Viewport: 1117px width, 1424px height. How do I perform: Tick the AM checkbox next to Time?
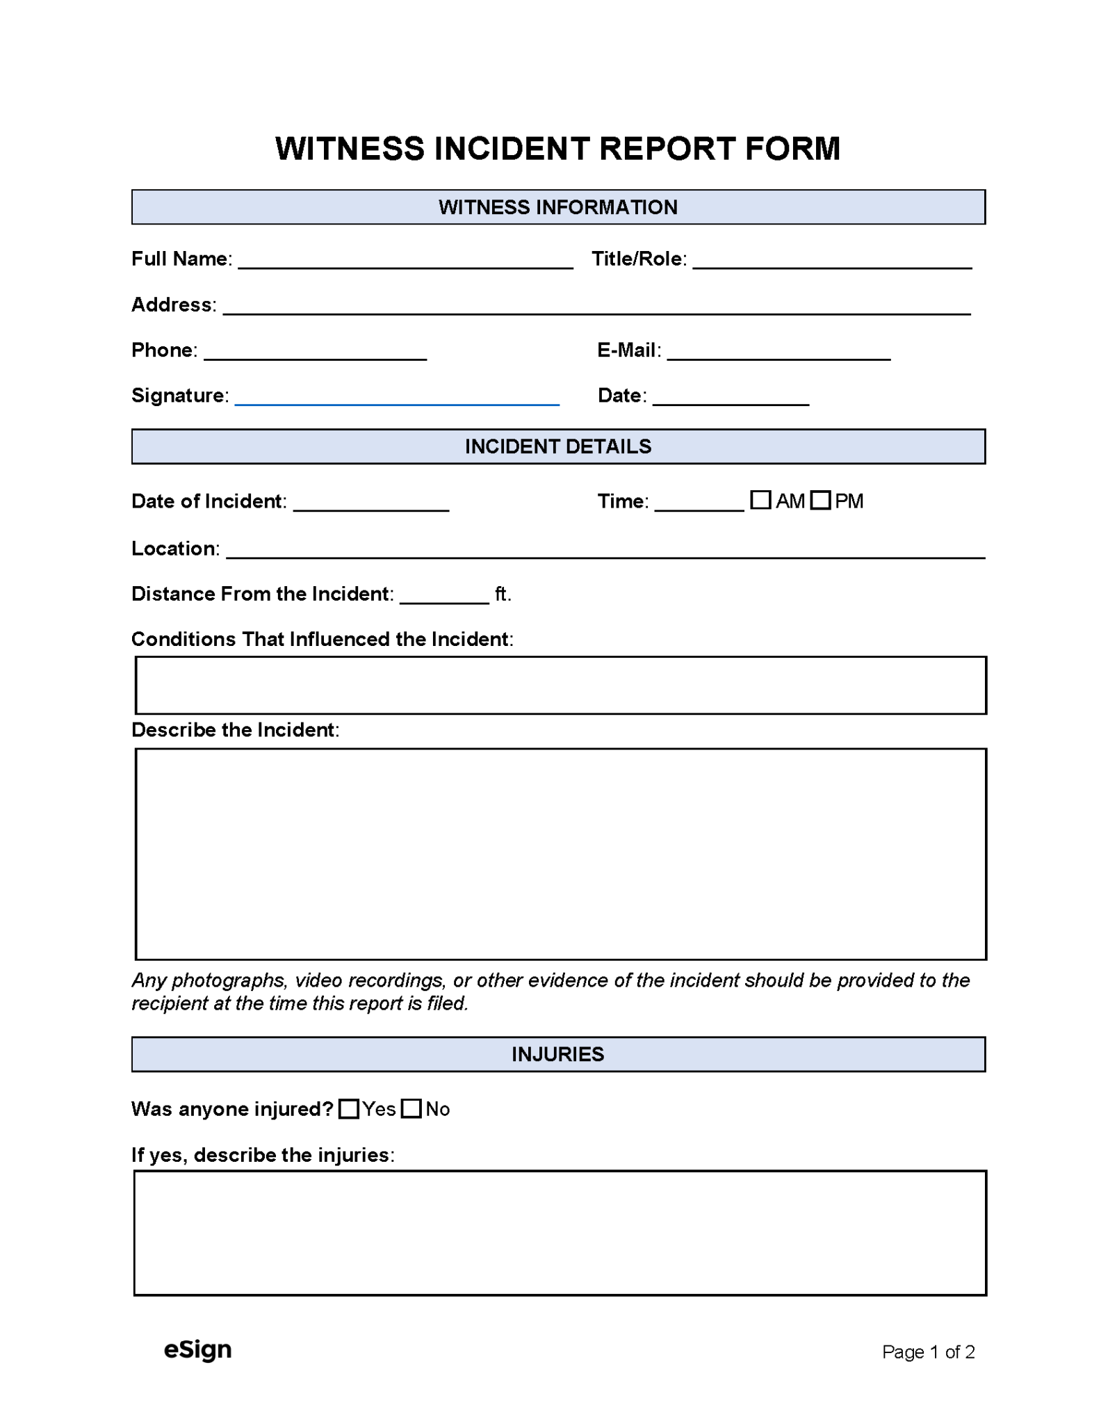point(760,500)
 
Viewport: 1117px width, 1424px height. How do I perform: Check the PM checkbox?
point(820,500)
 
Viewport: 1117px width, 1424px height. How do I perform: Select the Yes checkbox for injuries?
point(349,1108)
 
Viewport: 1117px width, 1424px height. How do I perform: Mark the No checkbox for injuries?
point(411,1108)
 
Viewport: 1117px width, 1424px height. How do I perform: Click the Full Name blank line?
point(405,261)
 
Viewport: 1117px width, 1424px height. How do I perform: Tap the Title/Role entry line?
point(832,261)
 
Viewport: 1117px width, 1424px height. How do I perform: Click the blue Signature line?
point(397,398)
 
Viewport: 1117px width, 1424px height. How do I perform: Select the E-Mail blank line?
point(778,353)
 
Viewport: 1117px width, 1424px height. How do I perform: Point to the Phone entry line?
point(315,353)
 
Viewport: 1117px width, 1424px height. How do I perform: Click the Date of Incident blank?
point(371,504)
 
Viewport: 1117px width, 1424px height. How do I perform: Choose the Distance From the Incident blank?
point(444,597)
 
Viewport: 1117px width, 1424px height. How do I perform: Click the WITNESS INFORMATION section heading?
point(557,207)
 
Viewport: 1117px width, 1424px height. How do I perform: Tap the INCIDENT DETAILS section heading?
point(557,446)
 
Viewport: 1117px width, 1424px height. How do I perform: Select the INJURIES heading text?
point(557,1054)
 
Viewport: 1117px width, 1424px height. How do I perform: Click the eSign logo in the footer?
point(197,1350)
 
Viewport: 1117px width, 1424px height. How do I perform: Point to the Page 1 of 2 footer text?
point(928,1352)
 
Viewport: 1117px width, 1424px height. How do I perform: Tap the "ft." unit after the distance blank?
point(503,594)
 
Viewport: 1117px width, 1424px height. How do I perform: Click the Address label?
point(172,305)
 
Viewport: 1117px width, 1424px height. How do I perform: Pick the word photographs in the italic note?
point(229,980)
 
